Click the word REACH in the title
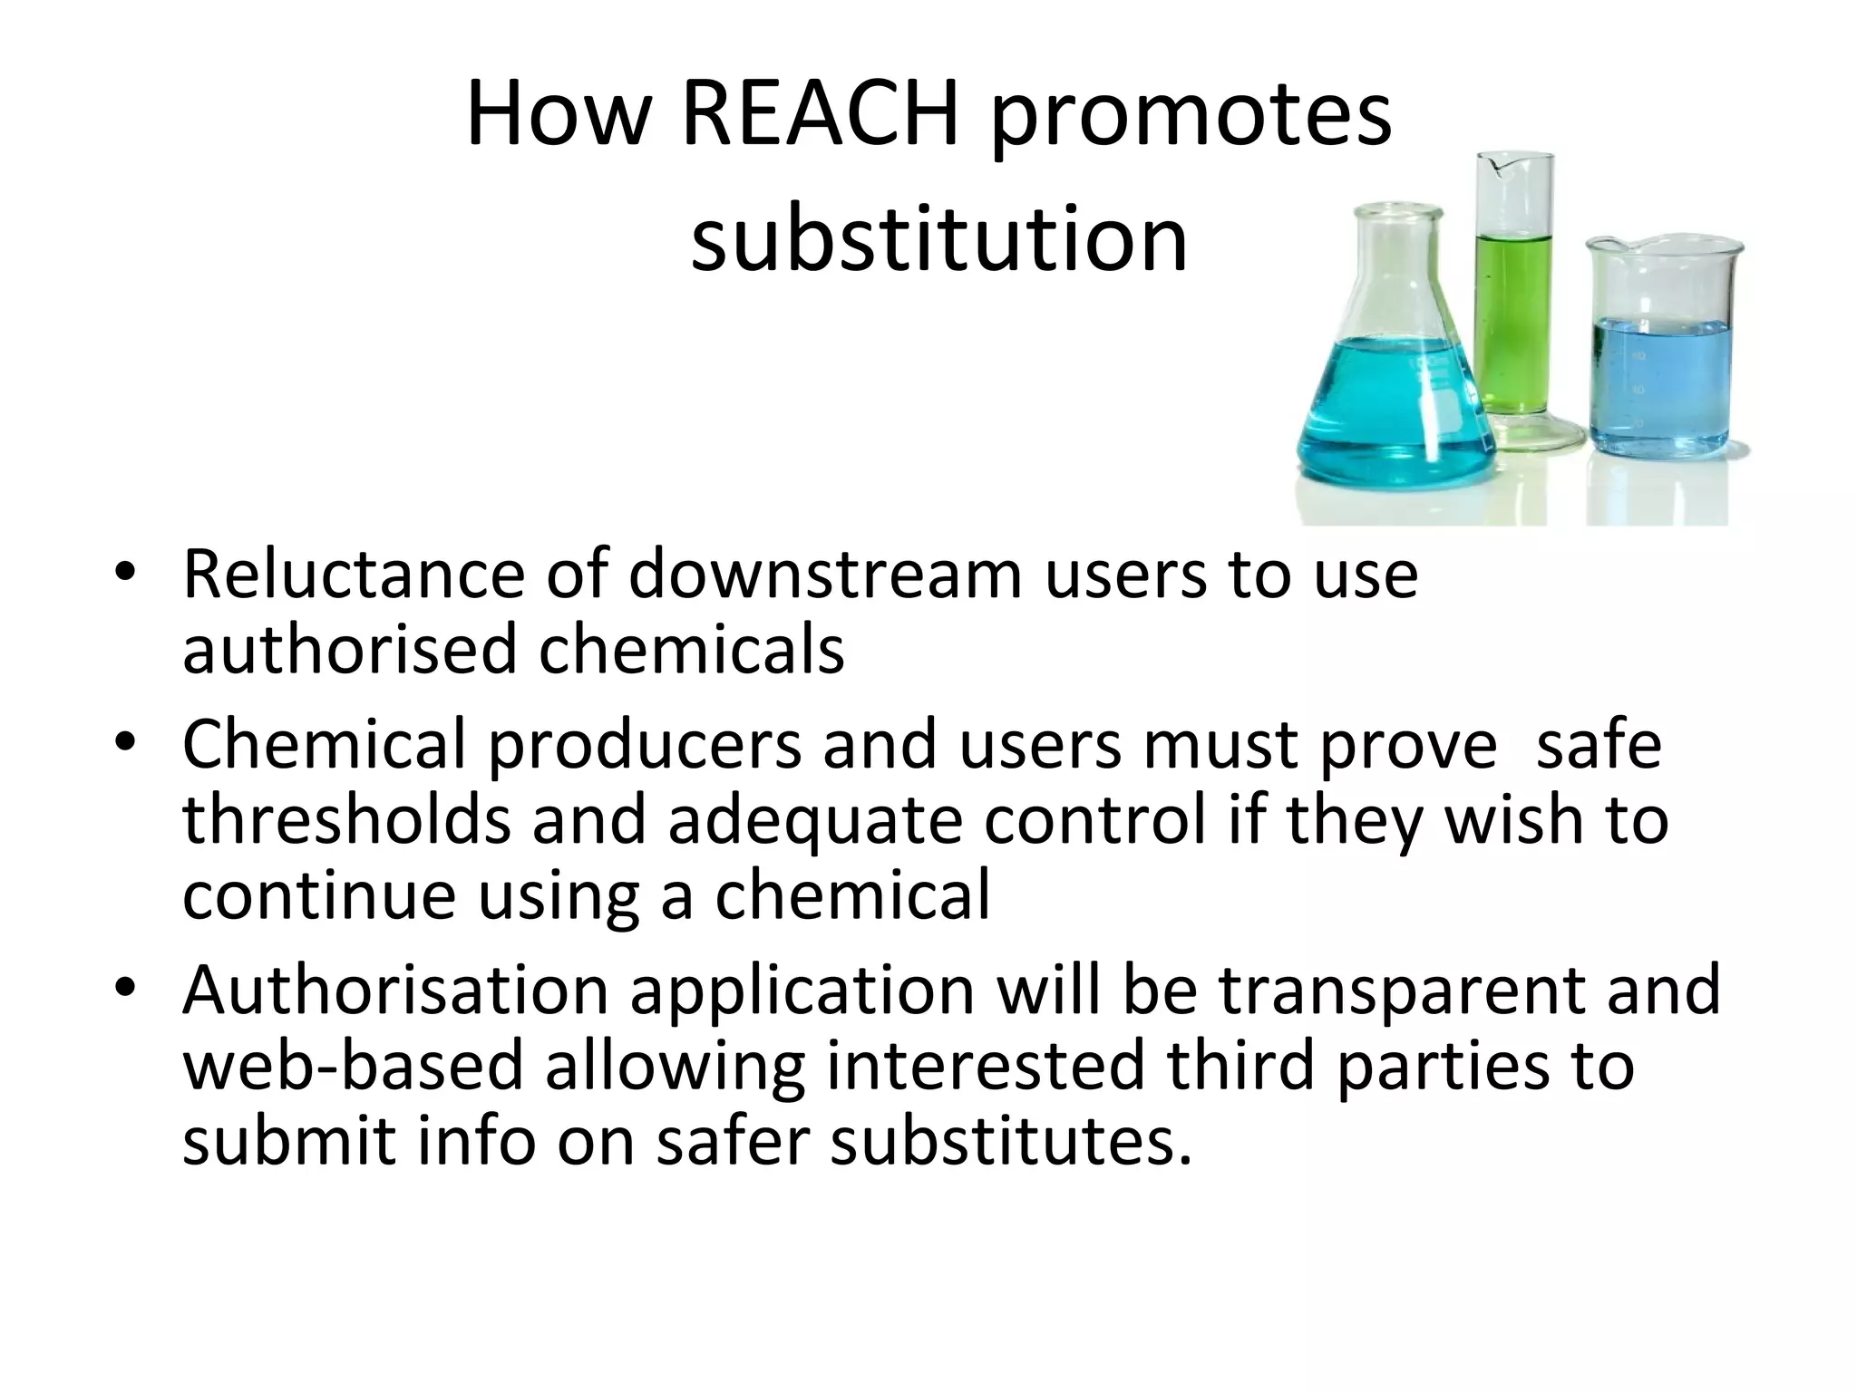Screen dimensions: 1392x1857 coord(820,116)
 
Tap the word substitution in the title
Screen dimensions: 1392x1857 coord(938,239)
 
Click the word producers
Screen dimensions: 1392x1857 coord(646,745)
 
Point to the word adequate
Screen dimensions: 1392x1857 coord(814,821)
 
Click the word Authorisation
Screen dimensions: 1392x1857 coord(395,990)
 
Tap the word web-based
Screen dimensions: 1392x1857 coord(354,1066)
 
